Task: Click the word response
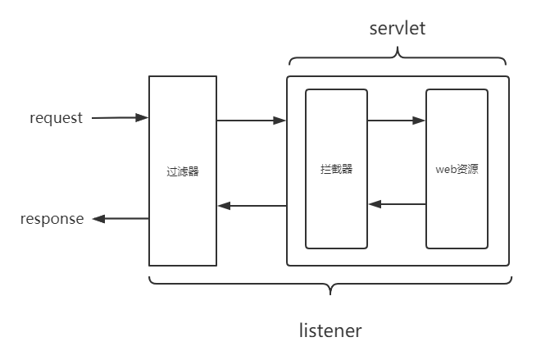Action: [52, 219]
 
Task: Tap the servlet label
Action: [398, 29]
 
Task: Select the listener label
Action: [330, 331]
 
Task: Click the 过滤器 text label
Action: [182, 172]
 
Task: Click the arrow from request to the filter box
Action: [120, 118]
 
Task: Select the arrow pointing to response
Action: [120, 219]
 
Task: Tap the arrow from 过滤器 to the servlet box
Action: [251, 121]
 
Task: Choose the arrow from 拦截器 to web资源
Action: [397, 121]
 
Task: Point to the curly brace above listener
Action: [330, 286]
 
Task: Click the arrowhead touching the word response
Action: [98, 219]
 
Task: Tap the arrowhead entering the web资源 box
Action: [420, 121]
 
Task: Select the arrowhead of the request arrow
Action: [144, 118]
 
